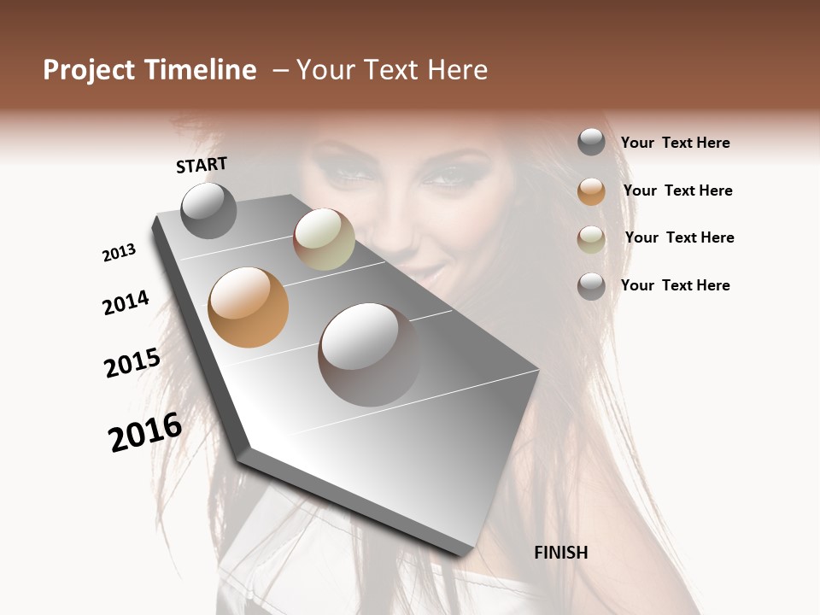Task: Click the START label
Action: point(202,165)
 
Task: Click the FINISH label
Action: point(561,553)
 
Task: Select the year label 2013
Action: point(120,253)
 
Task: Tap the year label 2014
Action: point(126,302)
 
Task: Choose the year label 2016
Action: point(145,432)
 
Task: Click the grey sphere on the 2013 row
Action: point(208,210)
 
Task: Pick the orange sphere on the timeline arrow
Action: point(249,307)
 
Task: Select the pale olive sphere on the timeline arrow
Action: point(324,239)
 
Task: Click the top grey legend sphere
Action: point(591,143)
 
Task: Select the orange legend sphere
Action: point(591,191)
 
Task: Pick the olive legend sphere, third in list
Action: point(591,239)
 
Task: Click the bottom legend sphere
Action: point(591,286)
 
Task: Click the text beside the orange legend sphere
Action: point(677,190)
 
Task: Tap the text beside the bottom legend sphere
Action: point(675,285)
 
